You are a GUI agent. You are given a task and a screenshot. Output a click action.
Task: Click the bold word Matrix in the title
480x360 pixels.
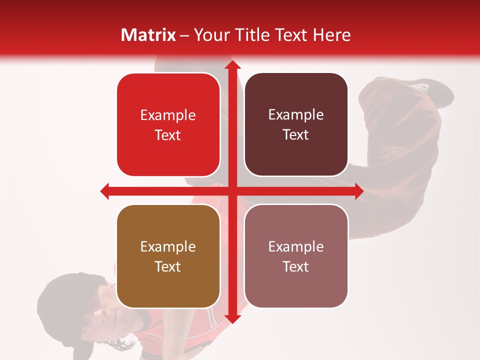(148, 35)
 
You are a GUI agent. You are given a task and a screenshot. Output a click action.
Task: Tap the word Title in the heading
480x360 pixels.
(255, 35)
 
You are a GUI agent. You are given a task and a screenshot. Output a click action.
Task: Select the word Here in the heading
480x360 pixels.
(331, 35)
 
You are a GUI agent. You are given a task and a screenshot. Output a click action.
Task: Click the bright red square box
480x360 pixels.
(168, 125)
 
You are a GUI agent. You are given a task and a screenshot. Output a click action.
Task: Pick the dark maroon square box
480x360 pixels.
(296, 124)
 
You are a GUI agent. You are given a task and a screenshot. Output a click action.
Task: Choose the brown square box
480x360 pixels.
(168, 256)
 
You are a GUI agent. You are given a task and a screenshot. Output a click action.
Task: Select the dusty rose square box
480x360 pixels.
(296, 256)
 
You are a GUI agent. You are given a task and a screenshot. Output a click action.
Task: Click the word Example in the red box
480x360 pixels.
(168, 115)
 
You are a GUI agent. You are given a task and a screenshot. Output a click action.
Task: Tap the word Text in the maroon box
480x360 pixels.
(296, 134)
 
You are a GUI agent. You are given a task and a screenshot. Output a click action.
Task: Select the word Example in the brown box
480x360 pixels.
(168, 246)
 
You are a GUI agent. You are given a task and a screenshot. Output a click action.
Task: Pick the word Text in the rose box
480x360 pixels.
(296, 266)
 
